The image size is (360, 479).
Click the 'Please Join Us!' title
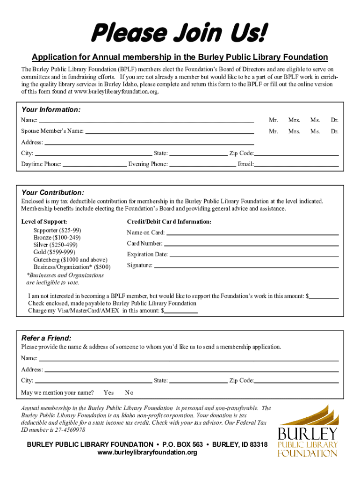click(x=180, y=34)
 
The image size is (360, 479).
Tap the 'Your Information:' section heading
click(x=51, y=109)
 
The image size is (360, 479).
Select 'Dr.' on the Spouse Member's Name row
click(x=334, y=131)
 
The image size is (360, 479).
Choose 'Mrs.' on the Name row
click(x=294, y=121)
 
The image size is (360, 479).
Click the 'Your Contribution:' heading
click(x=53, y=193)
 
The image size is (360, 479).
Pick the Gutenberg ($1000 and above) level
click(x=70, y=260)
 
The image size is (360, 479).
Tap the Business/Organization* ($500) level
click(x=72, y=267)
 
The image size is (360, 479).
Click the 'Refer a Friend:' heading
click(x=46, y=338)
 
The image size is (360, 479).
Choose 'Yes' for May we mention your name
click(x=108, y=392)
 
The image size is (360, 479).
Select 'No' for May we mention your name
click(x=129, y=392)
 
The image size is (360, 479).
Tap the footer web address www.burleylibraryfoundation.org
click(x=147, y=453)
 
